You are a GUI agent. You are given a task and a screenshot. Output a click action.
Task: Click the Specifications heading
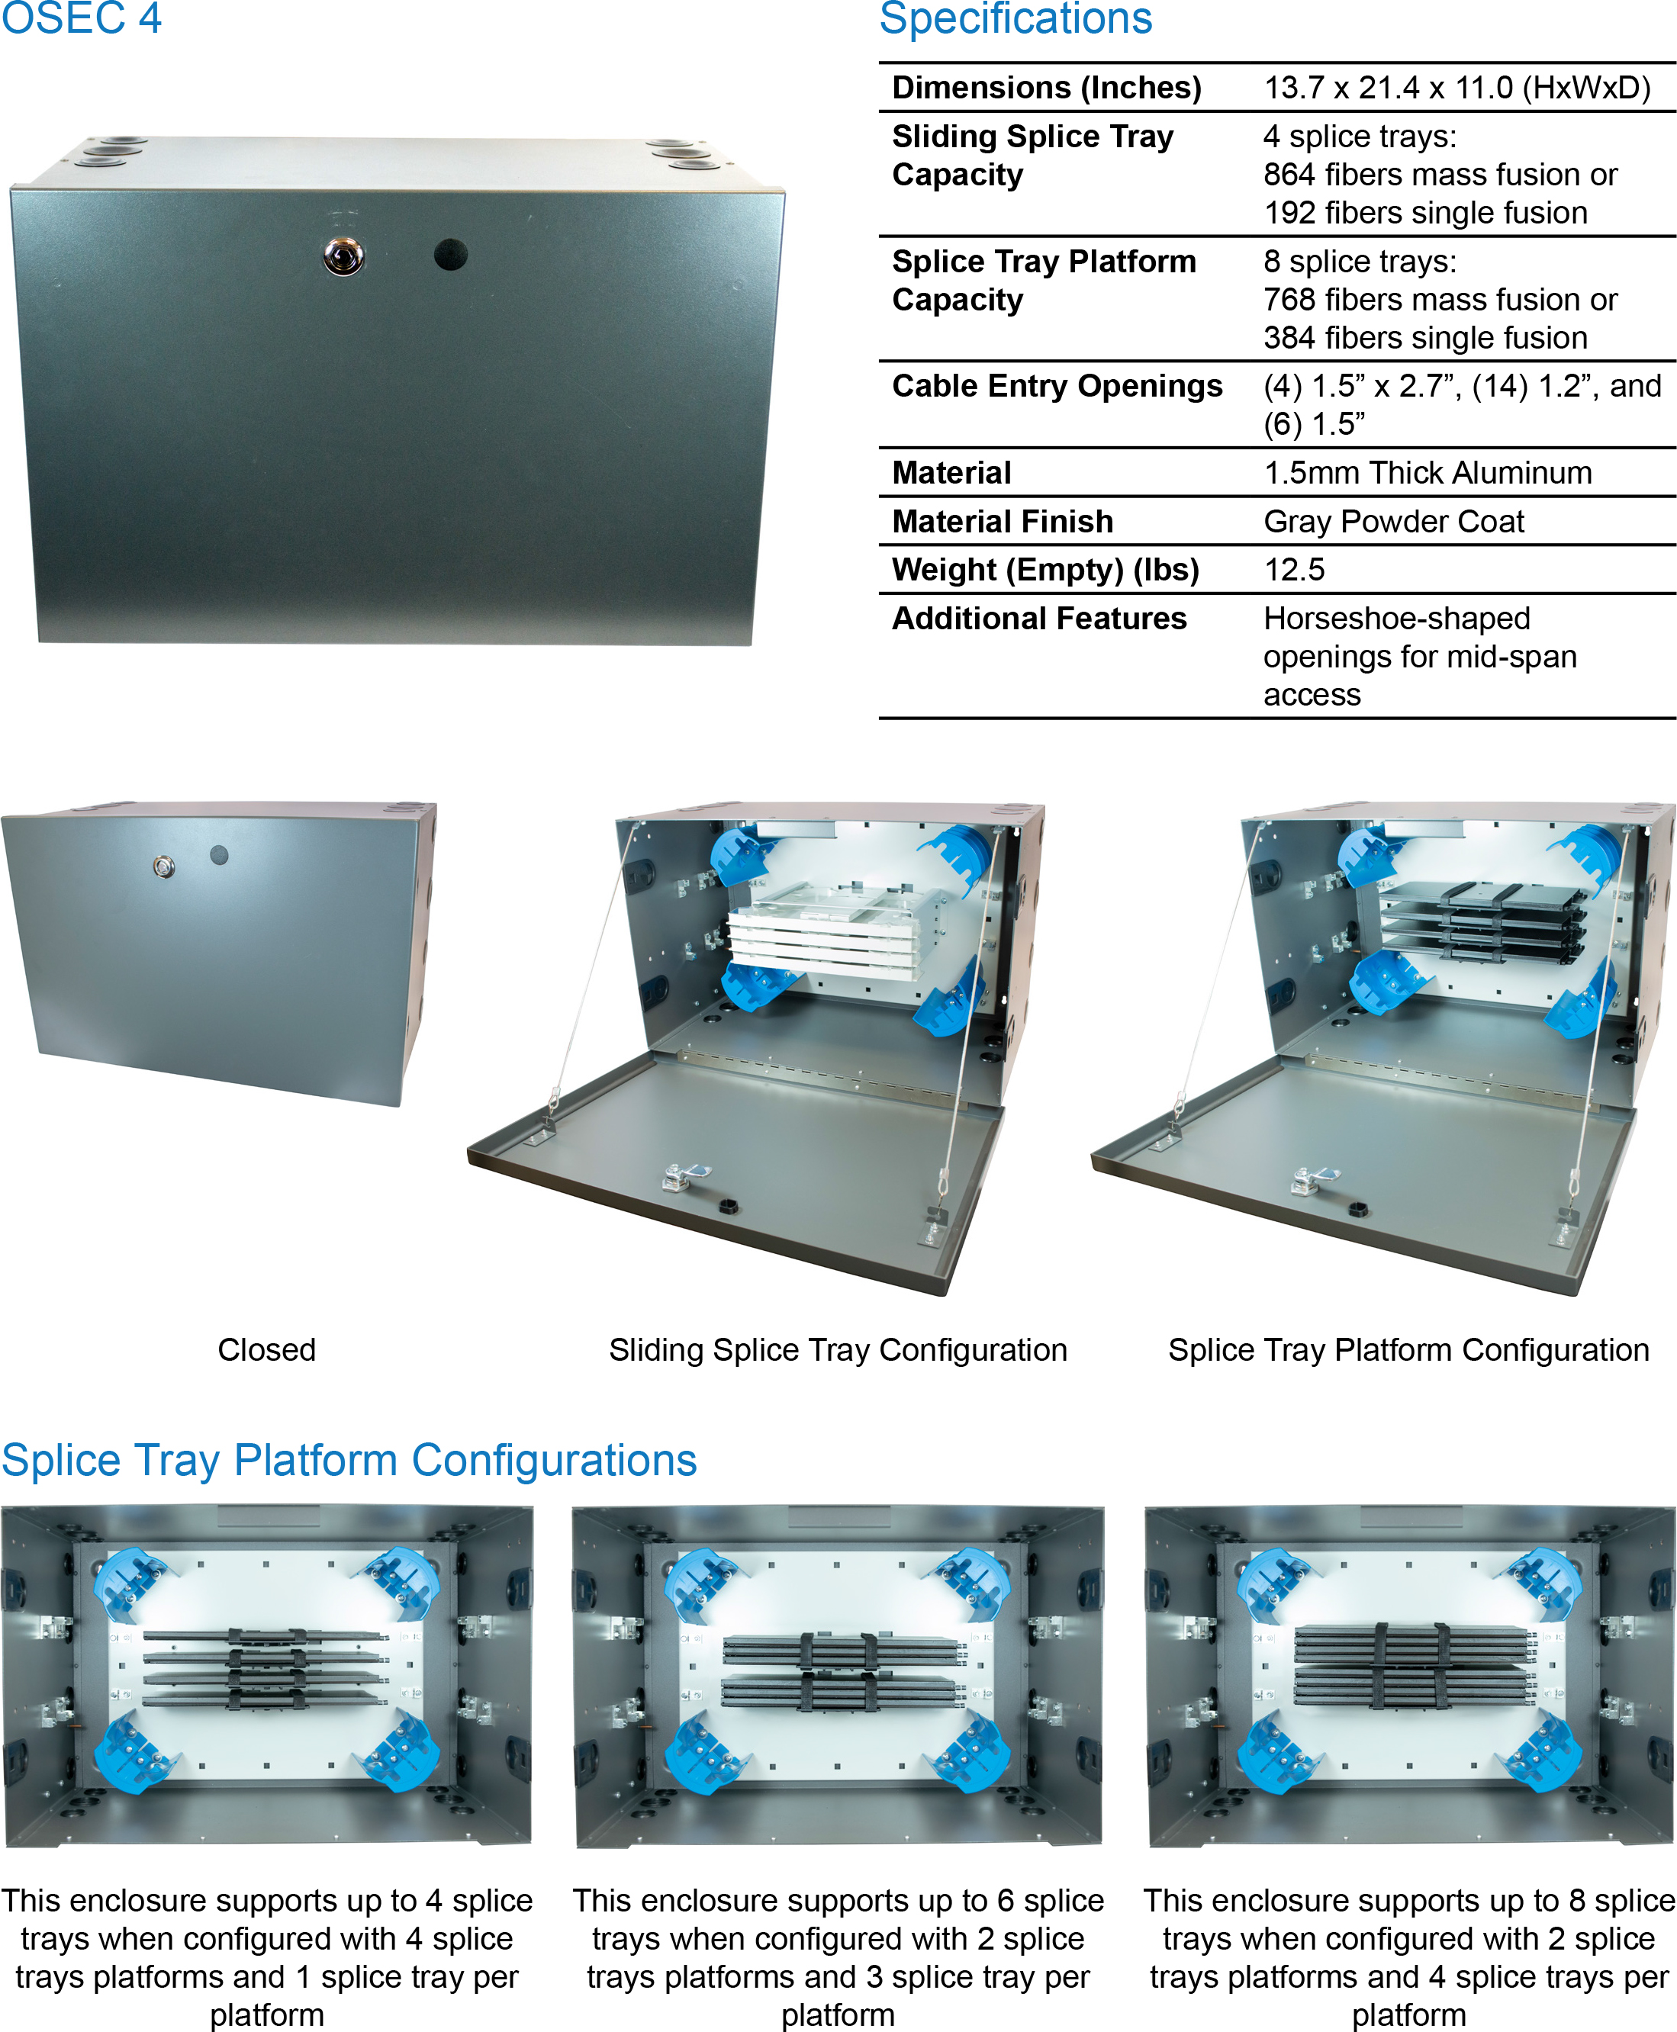tap(1016, 19)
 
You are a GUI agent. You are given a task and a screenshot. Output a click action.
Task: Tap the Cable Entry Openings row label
tap(1057, 386)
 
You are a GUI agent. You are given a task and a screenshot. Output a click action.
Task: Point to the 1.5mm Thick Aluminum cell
tap(1427, 473)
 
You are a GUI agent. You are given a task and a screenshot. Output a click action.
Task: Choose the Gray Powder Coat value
tap(1393, 522)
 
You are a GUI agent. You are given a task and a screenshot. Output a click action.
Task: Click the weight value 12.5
tap(1295, 570)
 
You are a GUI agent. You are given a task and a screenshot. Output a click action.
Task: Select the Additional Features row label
tap(1038, 618)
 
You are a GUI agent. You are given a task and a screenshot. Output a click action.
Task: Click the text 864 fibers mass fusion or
tap(1440, 175)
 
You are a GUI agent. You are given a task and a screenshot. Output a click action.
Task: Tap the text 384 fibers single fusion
tap(1425, 338)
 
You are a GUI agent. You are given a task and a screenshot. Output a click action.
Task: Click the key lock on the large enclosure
tap(343, 257)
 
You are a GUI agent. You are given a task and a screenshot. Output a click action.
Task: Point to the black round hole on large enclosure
tap(450, 255)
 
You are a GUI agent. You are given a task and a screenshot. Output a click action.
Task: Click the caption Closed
tap(266, 1349)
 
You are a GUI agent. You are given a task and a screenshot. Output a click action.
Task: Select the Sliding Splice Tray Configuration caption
tap(838, 1350)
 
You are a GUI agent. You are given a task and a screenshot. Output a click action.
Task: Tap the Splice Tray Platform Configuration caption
tap(1408, 1350)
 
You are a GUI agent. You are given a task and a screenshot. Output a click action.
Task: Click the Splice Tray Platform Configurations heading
tap(349, 1460)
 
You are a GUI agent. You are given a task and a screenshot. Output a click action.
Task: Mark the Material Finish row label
tap(1002, 522)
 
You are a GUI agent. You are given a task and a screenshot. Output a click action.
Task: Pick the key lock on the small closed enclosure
tap(164, 867)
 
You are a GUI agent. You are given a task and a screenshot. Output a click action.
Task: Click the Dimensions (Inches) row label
tap(1046, 88)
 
